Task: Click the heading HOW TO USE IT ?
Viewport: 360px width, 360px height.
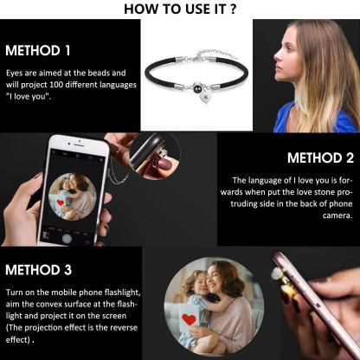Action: click(x=180, y=9)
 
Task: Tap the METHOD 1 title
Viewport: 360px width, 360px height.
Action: click(x=38, y=50)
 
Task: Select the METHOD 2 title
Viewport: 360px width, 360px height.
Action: click(x=319, y=158)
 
